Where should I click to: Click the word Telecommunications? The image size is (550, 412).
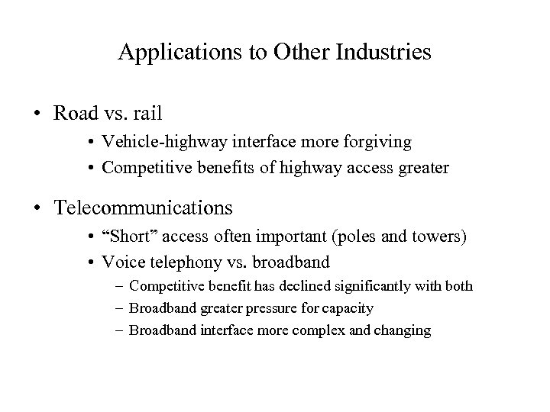click(x=143, y=208)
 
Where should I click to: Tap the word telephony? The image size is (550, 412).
click(x=191, y=262)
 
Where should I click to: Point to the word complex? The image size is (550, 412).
click(x=311, y=330)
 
